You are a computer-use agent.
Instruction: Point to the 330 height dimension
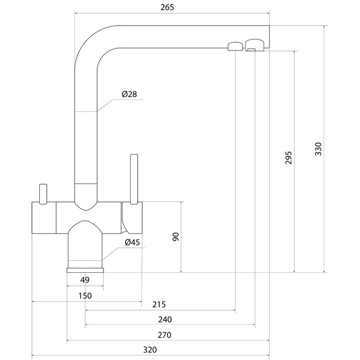[318, 149]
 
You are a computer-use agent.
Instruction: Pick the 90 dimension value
[176, 237]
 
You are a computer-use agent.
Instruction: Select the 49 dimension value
[85, 280]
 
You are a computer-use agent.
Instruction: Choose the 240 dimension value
[165, 319]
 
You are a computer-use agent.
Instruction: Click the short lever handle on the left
[43, 193]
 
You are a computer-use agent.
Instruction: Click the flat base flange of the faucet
[85, 270]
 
